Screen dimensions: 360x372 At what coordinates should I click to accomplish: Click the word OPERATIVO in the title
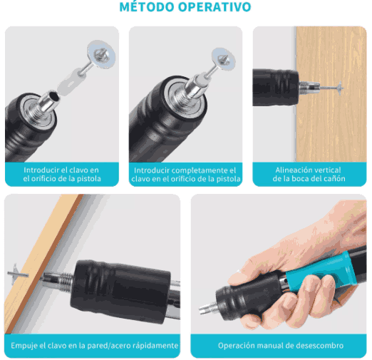pyautogui.click(x=217, y=8)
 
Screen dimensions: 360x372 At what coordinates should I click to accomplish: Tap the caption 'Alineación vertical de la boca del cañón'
pyautogui.click(x=308, y=175)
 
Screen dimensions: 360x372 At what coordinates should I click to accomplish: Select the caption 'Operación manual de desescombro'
pyautogui.click(x=280, y=346)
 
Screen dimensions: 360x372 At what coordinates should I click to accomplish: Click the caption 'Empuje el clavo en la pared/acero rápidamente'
pyautogui.click(x=94, y=346)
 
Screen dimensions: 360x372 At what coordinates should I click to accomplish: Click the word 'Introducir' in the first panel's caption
pyautogui.click(x=41, y=170)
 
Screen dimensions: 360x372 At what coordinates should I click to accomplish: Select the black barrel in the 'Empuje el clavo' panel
pyautogui.click(x=121, y=285)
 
